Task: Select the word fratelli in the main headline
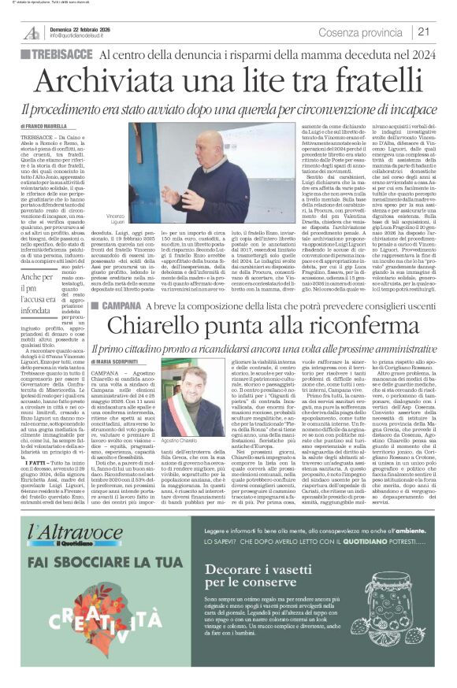(x=370, y=81)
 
